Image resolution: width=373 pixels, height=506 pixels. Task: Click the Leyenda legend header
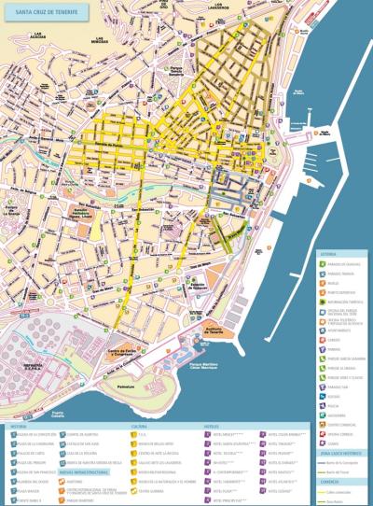pos(331,250)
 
